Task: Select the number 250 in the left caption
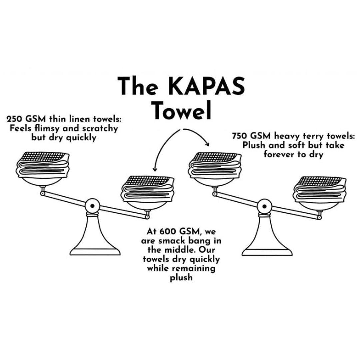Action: coord(14,119)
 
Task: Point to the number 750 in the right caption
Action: coord(240,136)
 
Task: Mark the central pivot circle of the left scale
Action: coord(92,206)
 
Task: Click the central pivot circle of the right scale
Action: coord(264,206)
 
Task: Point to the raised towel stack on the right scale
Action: coord(215,166)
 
